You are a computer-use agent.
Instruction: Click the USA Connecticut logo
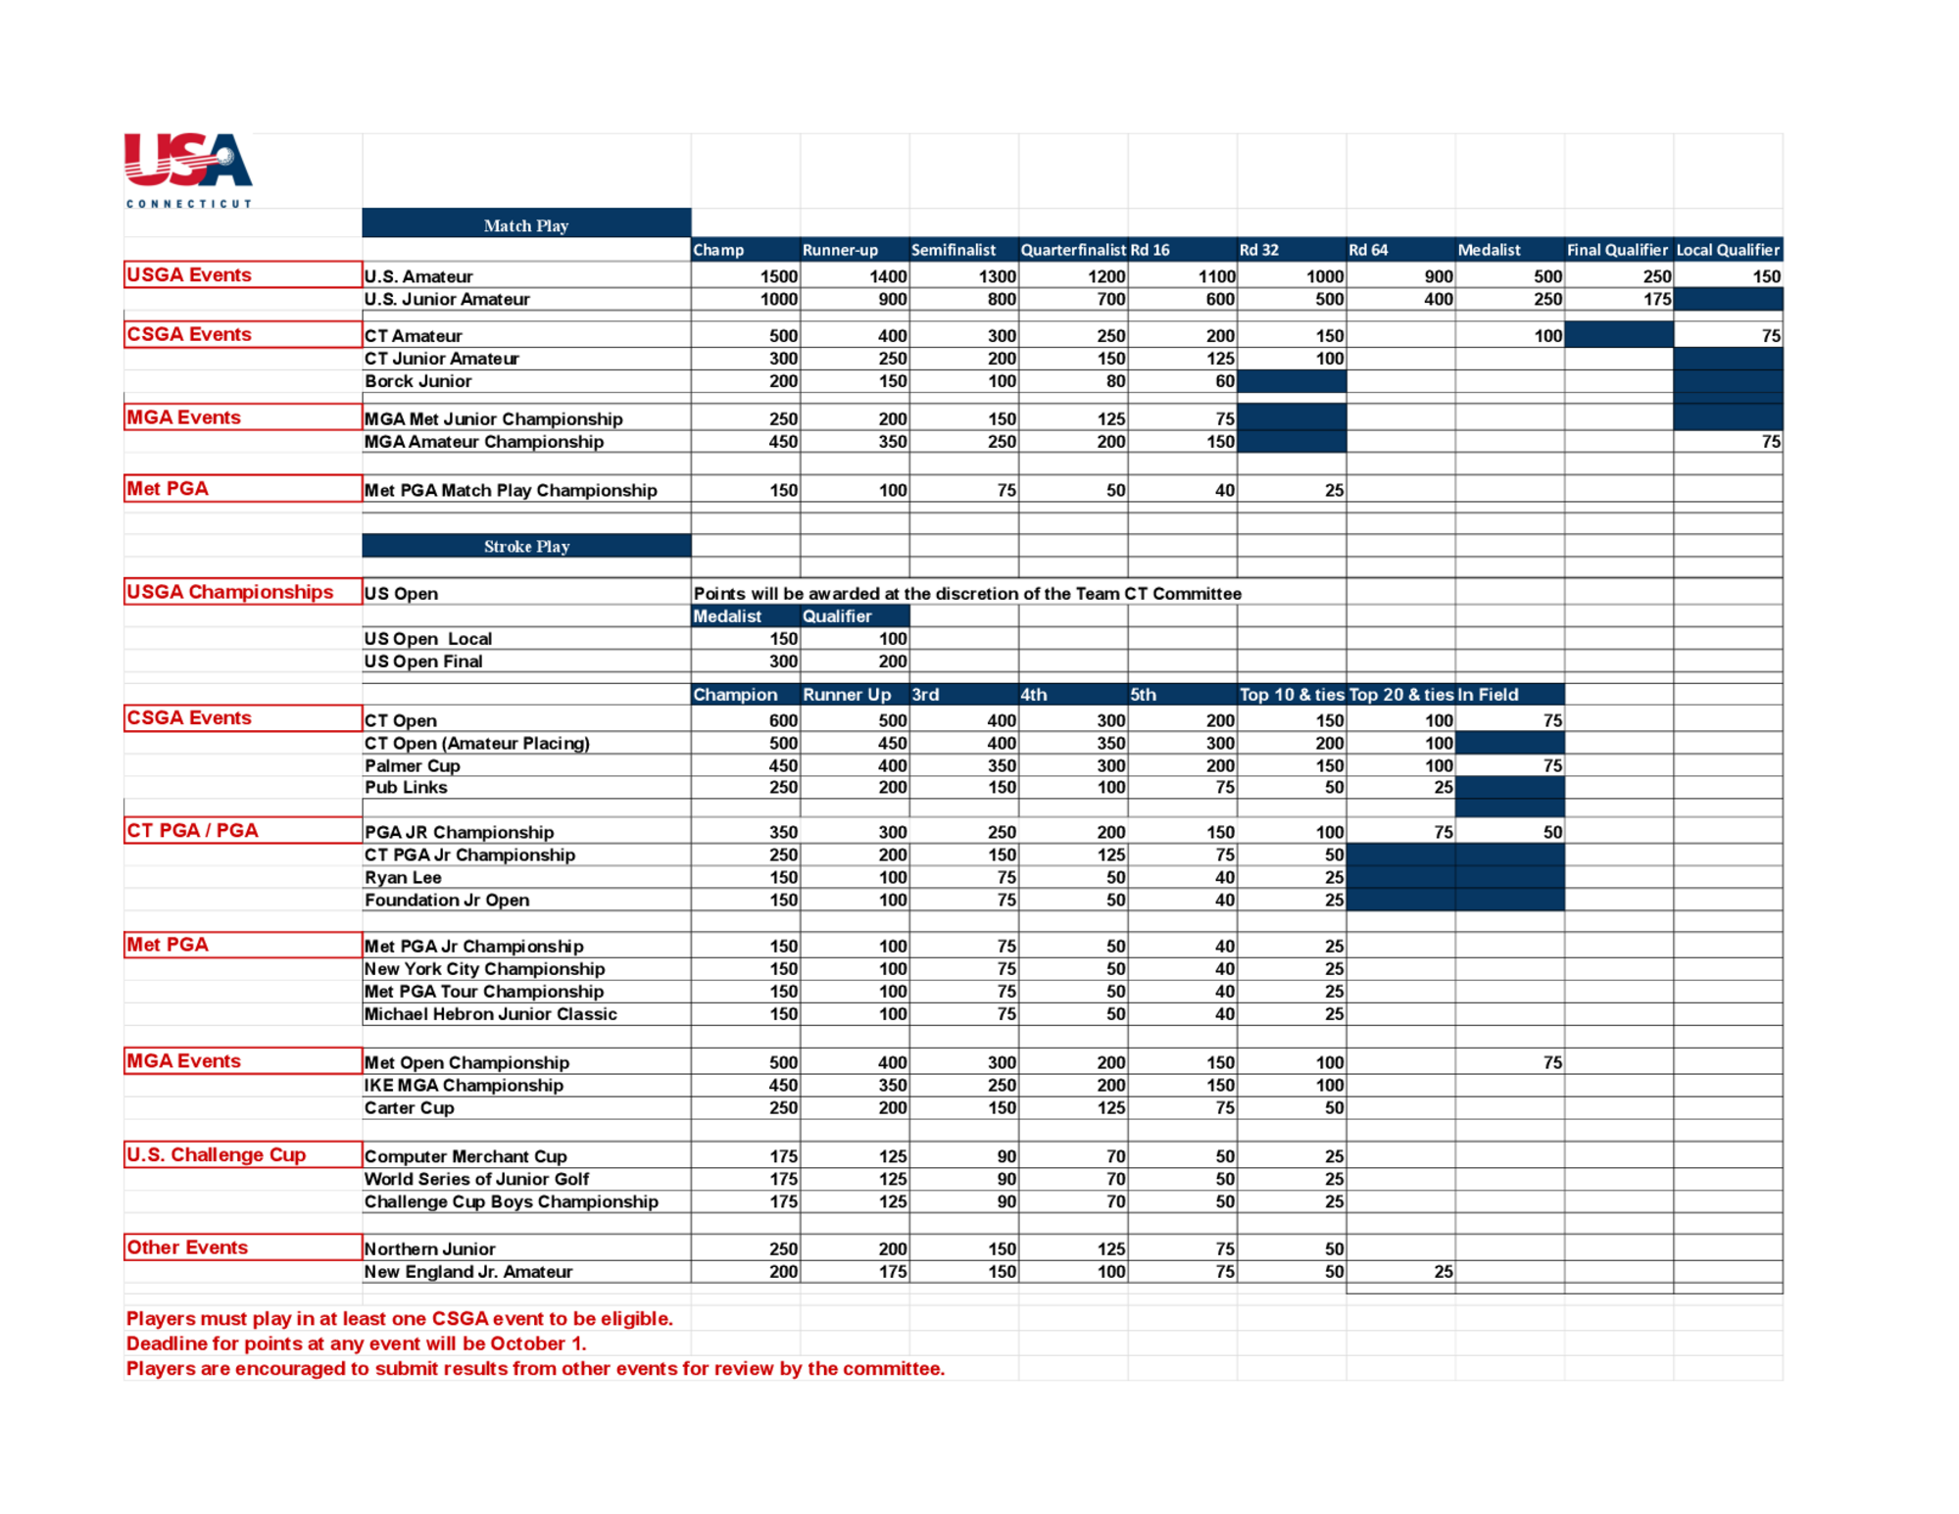point(188,170)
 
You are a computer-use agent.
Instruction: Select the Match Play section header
point(525,225)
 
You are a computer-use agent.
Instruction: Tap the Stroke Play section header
point(525,546)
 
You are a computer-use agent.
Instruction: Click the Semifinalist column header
point(953,250)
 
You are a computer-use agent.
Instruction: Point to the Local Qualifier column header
point(1727,250)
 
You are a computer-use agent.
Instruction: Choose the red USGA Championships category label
point(230,592)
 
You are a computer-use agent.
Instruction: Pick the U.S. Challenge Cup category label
point(217,1154)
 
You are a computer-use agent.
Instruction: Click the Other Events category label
point(187,1247)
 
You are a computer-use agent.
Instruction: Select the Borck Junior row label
point(417,381)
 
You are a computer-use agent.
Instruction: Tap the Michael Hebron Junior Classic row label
point(490,1014)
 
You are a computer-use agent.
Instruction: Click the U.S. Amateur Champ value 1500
point(779,276)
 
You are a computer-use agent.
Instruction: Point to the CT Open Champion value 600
point(783,720)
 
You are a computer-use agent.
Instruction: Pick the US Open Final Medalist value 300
point(783,661)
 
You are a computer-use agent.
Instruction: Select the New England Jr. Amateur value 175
point(892,1272)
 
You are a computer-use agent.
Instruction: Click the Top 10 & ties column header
point(1291,695)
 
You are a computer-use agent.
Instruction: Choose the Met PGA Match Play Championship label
point(510,490)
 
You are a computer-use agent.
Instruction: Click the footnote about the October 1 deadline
point(356,1343)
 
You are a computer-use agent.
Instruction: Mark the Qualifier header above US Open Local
point(837,616)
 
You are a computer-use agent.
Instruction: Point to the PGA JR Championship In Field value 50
point(1552,832)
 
